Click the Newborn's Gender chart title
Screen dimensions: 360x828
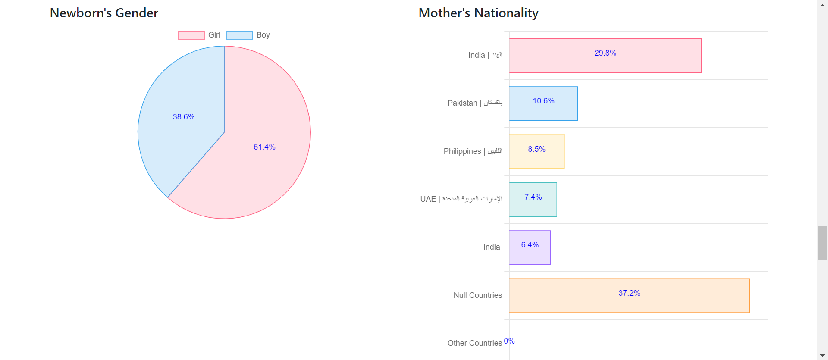coord(104,13)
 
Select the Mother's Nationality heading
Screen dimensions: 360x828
coord(478,13)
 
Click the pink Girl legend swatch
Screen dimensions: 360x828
coord(191,35)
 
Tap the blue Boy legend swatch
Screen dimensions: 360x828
coord(239,35)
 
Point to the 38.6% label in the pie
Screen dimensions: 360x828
coord(184,117)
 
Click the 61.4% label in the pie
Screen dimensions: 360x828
coord(264,147)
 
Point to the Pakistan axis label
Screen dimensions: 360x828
coord(474,103)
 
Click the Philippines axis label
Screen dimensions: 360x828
coord(473,151)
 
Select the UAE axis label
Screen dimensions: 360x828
coord(461,199)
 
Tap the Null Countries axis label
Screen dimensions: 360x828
coord(477,295)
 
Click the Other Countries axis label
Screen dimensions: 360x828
coord(474,343)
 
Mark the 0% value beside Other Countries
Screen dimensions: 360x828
coord(509,341)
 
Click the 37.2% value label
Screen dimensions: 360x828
coord(629,293)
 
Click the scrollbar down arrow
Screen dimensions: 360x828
coord(822,355)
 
